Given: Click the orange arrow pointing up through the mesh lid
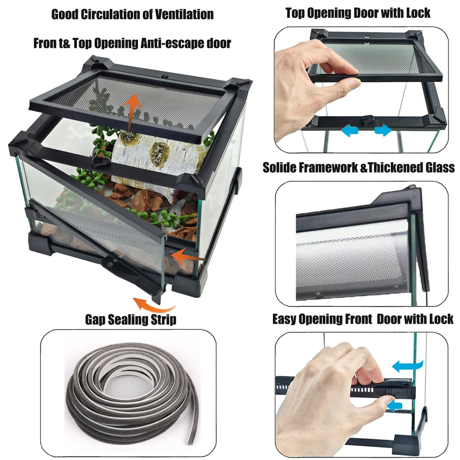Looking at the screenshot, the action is tap(132, 112).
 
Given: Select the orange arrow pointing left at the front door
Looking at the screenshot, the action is tap(188, 256).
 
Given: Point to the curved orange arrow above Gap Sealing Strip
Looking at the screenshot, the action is tap(154, 305).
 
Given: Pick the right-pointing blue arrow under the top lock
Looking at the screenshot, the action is tap(383, 130).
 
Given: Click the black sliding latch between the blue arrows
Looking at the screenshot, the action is tap(367, 120).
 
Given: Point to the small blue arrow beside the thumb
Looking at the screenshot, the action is tap(395, 406).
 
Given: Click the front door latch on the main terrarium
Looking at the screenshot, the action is tap(110, 264).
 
